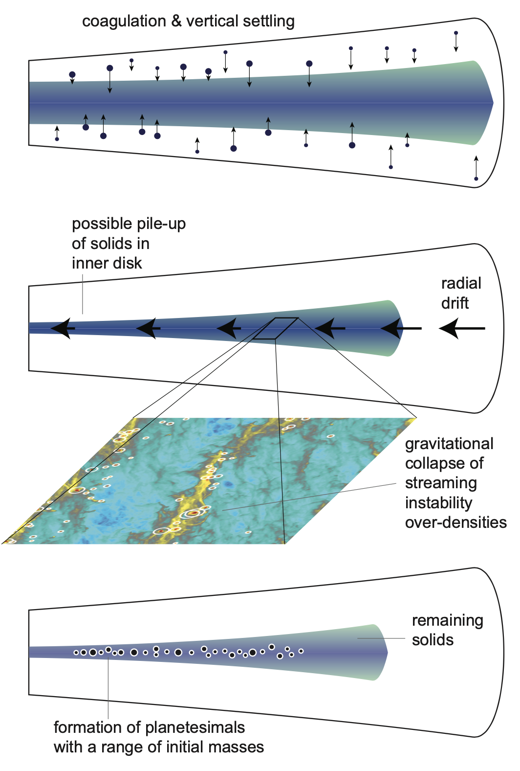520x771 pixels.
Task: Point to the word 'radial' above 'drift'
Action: coord(461,283)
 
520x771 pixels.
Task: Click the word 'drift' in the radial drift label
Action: coord(455,303)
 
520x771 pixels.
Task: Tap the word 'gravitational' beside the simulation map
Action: coord(449,444)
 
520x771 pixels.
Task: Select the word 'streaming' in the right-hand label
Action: coord(441,483)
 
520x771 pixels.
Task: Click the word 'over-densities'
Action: coord(455,522)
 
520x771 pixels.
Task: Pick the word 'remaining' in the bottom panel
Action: coord(447,620)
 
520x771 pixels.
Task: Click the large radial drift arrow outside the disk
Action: coord(461,328)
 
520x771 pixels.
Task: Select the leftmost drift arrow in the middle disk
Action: coord(63,328)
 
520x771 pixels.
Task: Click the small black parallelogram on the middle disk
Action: coord(275,328)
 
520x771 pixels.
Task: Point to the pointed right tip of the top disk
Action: coord(492,103)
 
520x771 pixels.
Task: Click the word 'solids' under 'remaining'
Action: coord(433,640)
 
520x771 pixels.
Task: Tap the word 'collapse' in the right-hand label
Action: coord(444,463)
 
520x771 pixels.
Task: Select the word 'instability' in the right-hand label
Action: coord(438,503)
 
